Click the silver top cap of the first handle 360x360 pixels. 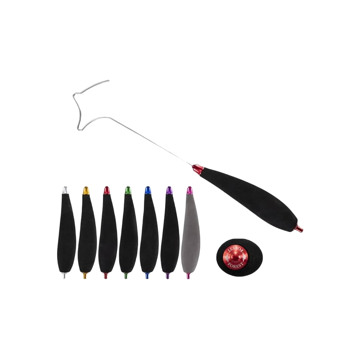65,190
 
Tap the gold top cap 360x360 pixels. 85,190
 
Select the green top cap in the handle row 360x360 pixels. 127,190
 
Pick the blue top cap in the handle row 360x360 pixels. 148,190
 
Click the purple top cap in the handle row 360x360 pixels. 169,190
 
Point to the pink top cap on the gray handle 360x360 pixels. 189,190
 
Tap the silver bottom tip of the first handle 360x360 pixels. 64,275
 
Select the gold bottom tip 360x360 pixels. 85,275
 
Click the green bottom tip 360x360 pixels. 126,275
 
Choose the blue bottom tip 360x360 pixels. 147,275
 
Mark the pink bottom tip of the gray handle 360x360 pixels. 188,275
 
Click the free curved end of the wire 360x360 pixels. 108,81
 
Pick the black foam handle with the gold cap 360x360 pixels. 87,233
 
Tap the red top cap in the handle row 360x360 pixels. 106,190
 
